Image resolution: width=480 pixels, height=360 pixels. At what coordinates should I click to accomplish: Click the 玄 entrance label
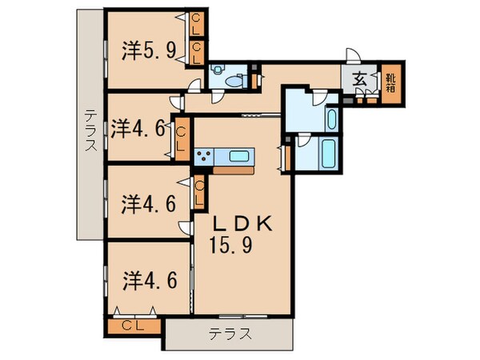(x=360, y=80)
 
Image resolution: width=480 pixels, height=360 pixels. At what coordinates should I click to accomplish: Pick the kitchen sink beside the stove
(x=238, y=156)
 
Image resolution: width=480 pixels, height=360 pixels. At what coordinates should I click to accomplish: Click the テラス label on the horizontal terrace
(x=230, y=334)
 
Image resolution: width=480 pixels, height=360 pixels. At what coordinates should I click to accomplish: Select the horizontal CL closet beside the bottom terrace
(x=134, y=326)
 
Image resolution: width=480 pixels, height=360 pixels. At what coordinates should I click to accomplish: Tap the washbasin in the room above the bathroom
(x=332, y=118)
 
